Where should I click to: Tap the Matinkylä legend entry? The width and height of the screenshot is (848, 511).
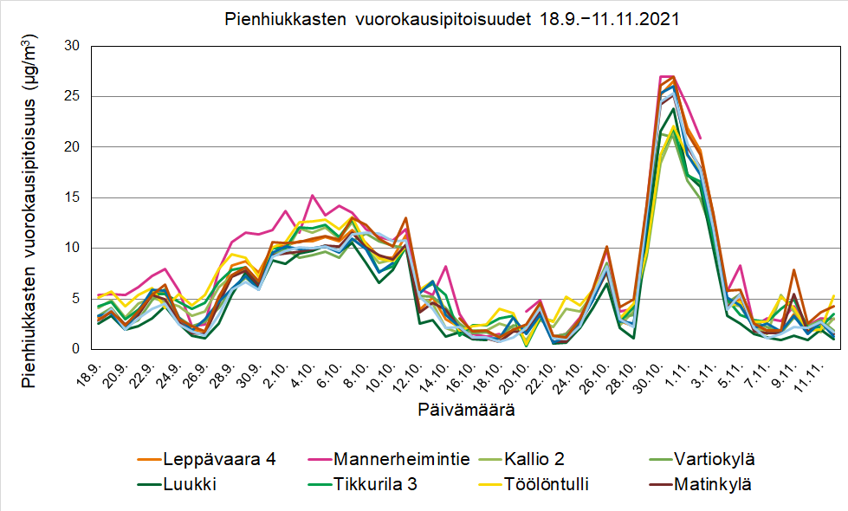tap(714, 484)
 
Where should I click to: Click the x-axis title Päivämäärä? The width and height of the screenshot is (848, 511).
tap(467, 410)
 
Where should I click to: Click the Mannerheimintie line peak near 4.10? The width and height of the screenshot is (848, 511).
tap(312, 196)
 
